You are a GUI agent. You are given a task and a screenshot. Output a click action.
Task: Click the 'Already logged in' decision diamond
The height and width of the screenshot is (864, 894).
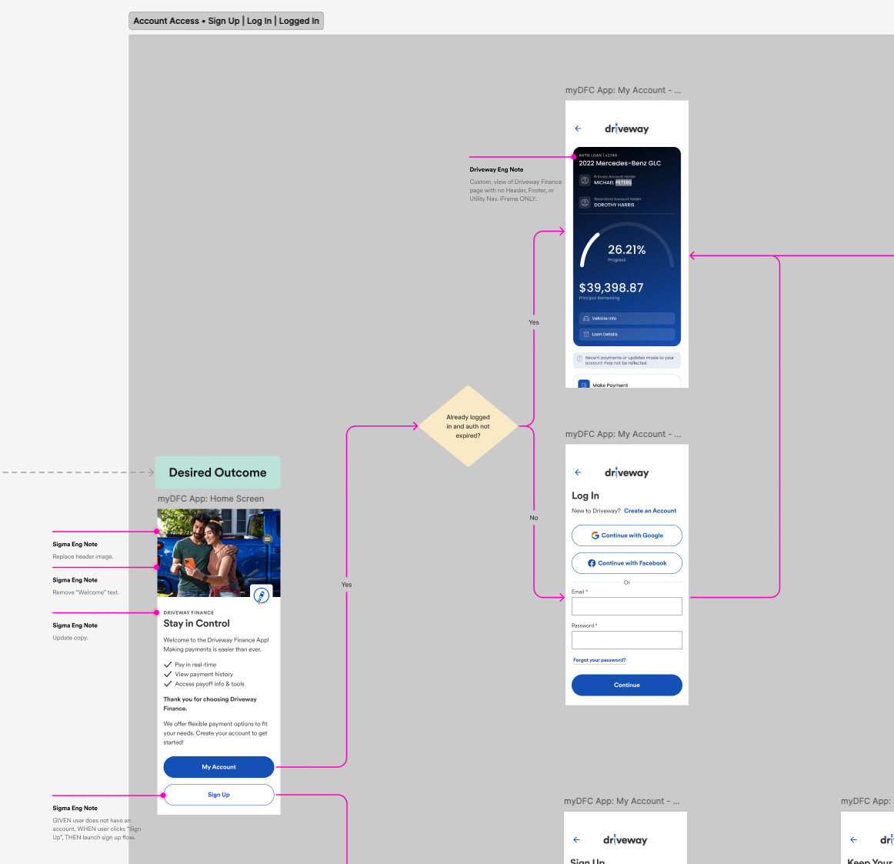468,426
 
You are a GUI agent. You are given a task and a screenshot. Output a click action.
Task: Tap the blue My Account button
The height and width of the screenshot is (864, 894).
218,767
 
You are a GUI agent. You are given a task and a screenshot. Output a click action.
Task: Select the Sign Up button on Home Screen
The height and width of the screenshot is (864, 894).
218,795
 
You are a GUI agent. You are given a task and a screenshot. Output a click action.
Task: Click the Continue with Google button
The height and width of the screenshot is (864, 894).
626,535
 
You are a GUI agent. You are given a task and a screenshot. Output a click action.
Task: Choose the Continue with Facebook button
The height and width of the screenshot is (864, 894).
626,563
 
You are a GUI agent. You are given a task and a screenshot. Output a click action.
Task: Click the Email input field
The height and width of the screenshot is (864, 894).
626,606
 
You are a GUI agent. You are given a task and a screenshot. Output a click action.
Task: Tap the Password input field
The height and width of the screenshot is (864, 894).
626,640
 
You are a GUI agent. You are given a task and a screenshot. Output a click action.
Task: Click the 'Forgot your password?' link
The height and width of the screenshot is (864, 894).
599,660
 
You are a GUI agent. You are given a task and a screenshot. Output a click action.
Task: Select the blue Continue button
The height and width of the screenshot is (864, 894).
626,685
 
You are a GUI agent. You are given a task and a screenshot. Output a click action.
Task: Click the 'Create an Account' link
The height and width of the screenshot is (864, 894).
650,511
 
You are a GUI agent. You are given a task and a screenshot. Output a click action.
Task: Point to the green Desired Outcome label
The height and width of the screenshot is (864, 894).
218,472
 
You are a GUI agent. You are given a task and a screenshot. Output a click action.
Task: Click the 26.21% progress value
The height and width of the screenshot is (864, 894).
626,250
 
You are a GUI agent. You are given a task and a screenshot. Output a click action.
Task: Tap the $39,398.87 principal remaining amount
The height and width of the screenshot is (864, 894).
611,288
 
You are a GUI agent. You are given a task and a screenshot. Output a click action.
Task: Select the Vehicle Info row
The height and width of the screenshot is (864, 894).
626,319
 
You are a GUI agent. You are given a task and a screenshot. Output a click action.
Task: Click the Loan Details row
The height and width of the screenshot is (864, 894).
626,335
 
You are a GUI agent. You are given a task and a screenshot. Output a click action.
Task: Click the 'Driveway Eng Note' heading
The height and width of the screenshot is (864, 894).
496,170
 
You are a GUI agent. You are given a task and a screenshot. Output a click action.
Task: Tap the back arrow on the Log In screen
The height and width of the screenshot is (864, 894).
579,472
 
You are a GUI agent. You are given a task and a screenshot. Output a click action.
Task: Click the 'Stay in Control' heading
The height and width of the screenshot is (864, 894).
196,624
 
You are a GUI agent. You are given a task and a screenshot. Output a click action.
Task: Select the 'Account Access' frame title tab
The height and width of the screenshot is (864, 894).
225,21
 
